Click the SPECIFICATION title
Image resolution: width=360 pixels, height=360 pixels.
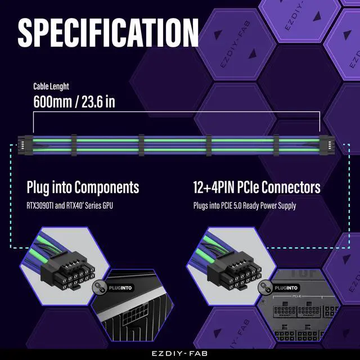pos(108,33)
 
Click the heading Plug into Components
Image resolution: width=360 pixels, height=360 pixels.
pos(83,187)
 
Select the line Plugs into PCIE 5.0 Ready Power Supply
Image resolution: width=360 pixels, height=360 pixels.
pos(244,205)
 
